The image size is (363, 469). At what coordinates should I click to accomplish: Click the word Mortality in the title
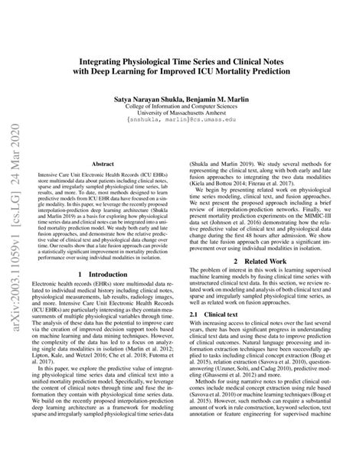243,70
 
